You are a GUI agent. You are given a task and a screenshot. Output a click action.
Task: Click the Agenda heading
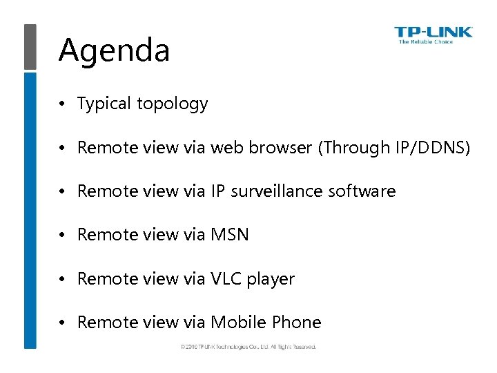114,50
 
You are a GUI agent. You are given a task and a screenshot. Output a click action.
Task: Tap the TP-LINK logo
433,32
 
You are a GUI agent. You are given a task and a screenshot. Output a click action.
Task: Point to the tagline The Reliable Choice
426,42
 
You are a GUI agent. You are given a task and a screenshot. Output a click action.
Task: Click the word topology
172,104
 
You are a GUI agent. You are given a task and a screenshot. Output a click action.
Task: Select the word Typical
104,104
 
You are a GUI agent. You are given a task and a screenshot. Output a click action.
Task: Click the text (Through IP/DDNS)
394,148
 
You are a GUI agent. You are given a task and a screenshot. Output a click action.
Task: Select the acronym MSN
229,235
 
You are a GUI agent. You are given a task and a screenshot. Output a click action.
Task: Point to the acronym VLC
226,279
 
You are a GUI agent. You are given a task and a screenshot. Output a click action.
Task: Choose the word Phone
297,323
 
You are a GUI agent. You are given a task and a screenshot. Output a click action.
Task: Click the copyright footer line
248,346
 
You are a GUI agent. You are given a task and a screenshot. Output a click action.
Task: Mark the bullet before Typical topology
61,104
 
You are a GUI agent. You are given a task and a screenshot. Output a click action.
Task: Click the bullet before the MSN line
61,236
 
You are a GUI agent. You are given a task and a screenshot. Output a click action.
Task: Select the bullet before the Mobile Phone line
61,323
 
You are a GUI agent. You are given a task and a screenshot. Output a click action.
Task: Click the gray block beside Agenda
30,46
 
